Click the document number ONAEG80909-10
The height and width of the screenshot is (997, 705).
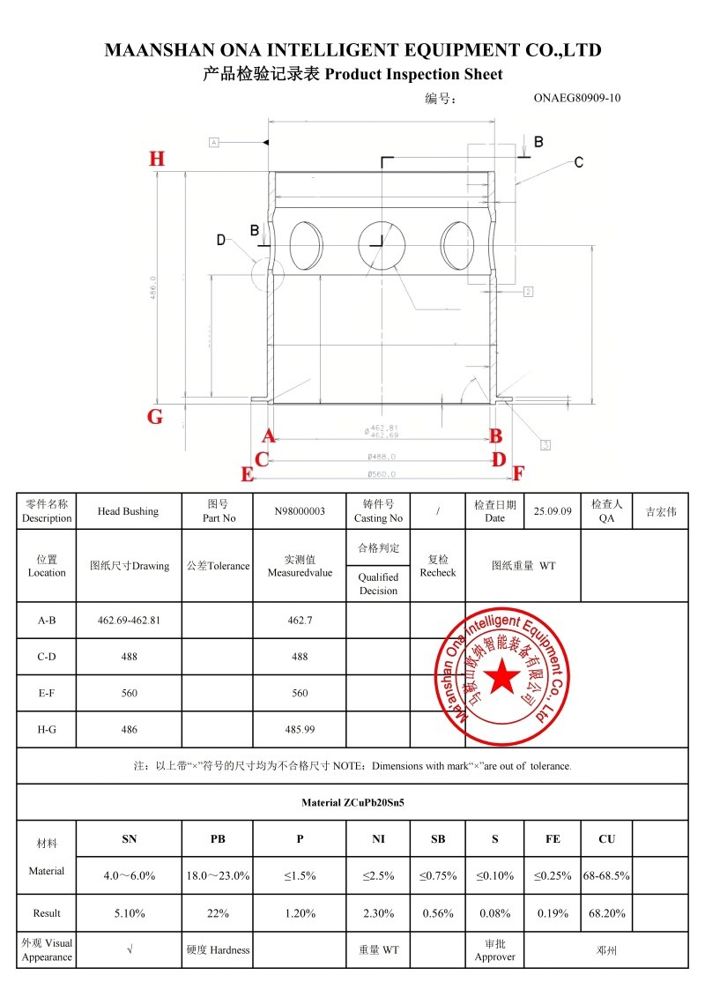[577, 98]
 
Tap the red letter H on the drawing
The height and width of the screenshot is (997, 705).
[157, 160]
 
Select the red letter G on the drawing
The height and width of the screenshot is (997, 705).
[155, 417]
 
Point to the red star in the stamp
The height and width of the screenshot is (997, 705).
[504, 676]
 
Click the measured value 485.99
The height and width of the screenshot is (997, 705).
[300, 730]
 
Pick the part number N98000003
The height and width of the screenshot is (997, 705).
[300, 511]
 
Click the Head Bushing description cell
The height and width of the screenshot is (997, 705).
[128, 511]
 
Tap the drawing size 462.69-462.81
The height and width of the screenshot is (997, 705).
[129, 621]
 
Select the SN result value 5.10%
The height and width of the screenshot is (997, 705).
[130, 913]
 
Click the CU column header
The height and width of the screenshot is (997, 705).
[606, 839]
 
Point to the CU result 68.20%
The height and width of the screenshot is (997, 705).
[606, 913]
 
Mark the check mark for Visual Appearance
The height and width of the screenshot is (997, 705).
[130, 950]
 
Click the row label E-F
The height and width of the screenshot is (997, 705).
[47, 694]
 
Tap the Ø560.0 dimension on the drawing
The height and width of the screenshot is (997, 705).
[382, 473]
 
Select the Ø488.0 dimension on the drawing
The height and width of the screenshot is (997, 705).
[382, 457]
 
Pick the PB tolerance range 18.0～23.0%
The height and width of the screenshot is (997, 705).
[218, 876]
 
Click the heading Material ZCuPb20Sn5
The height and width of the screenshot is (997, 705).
[352, 803]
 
